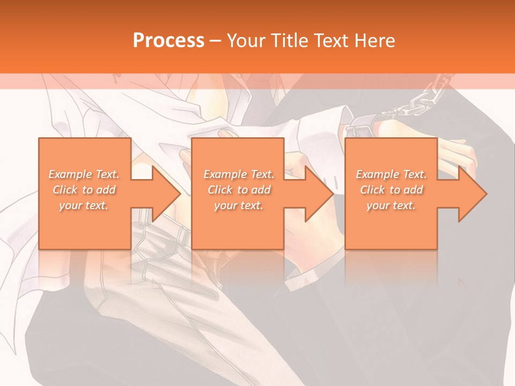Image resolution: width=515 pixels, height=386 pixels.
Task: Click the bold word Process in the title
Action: coord(168,40)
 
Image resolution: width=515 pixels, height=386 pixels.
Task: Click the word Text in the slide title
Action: coord(330,40)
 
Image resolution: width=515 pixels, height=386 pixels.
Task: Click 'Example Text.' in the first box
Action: coord(84,174)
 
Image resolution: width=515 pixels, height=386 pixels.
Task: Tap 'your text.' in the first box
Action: coord(84,205)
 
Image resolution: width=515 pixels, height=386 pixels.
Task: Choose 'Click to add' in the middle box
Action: coord(239,190)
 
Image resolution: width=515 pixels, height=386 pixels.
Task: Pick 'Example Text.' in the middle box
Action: coord(239,174)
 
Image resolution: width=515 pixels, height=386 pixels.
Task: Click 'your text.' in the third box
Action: coord(391,205)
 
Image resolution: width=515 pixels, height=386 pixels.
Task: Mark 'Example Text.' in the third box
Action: coord(391,174)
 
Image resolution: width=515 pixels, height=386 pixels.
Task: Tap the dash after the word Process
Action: coord(216,41)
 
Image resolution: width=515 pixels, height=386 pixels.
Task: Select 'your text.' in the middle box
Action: coord(239,205)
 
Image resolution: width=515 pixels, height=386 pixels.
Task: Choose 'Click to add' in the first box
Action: coord(84,190)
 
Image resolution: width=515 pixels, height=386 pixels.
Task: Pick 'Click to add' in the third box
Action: coord(391,190)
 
